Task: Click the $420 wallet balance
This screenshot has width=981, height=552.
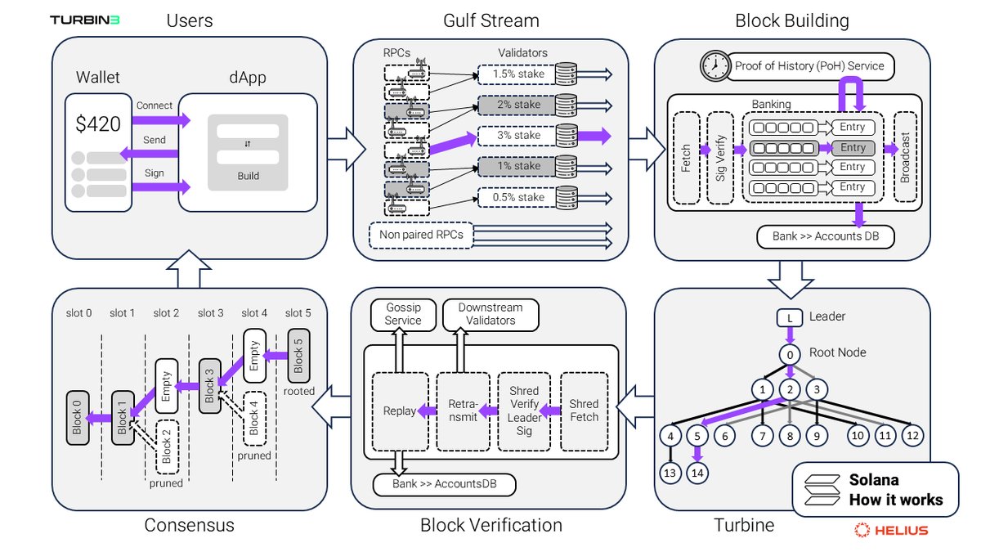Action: tap(98, 125)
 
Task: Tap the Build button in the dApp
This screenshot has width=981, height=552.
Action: tap(248, 176)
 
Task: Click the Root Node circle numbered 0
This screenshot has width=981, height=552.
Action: tap(790, 356)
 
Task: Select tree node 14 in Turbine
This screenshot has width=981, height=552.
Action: tap(697, 473)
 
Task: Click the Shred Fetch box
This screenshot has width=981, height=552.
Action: tap(584, 411)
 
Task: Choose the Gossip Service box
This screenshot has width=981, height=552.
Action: tap(403, 314)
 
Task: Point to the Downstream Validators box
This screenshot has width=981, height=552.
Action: tap(491, 314)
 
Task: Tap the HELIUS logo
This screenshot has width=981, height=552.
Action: tap(891, 530)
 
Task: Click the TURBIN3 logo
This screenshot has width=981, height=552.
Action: tap(85, 20)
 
